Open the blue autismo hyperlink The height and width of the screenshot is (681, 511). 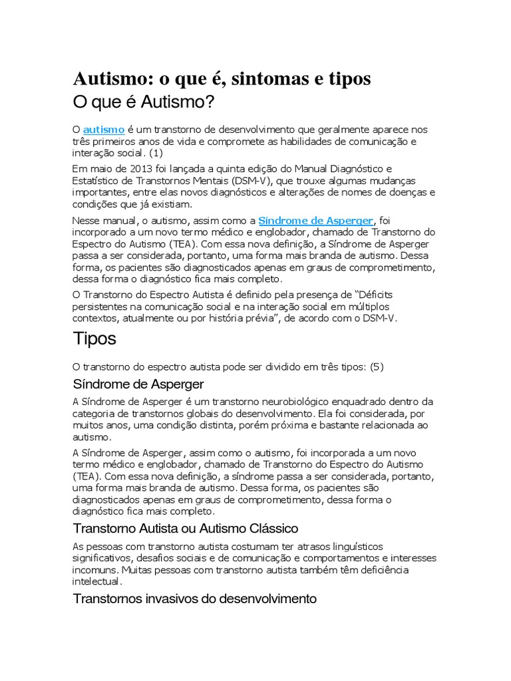104,130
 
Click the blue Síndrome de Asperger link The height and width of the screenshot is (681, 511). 316,220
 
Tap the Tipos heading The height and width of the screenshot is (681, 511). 94,339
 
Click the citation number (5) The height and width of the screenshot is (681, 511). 376,367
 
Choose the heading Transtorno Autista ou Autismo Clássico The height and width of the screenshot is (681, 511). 184,529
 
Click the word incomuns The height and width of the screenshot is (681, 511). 91,570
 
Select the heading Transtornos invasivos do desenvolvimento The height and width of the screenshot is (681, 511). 194,599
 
